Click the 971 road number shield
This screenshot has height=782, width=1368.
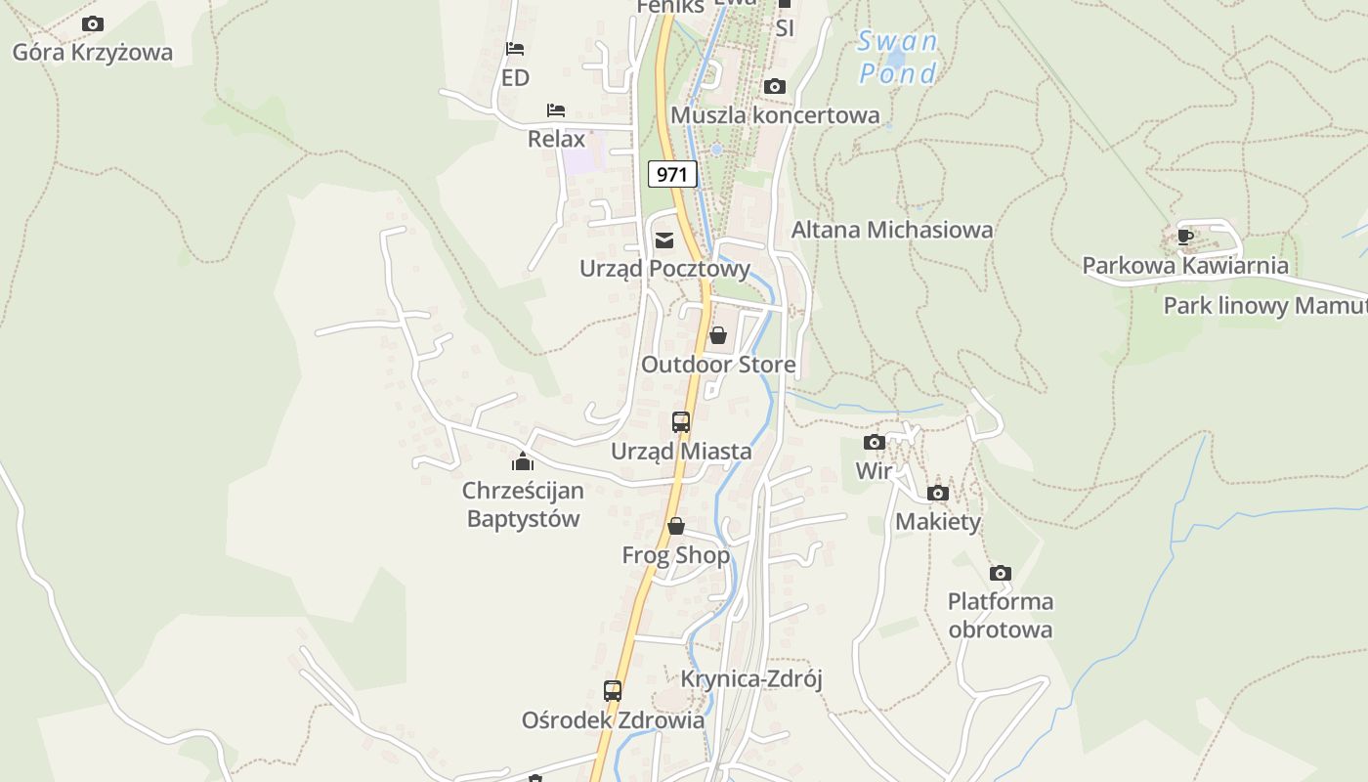pos(672,175)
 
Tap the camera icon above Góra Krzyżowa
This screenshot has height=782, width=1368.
pos(93,23)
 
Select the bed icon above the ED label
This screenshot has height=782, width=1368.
pos(515,49)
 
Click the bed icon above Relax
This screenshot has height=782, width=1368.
pos(556,109)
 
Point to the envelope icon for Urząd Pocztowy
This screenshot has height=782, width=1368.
pos(664,240)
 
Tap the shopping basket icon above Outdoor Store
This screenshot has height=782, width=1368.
pos(718,336)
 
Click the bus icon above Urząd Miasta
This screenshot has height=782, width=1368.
pos(681,422)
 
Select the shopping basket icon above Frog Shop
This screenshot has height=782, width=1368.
pos(675,527)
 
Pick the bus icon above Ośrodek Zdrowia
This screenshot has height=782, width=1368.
pos(613,691)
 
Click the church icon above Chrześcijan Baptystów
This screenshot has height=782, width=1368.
pos(523,461)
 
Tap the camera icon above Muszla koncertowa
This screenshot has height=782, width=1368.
pos(775,87)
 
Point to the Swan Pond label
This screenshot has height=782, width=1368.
pos(897,58)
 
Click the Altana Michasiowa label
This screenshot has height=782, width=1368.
pos(891,230)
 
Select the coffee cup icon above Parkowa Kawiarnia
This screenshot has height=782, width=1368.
pos(1185,237)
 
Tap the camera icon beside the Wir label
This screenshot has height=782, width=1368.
pos(875,443)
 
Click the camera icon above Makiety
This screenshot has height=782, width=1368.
pos(938,494)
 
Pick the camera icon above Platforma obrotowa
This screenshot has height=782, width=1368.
pos(1000,574)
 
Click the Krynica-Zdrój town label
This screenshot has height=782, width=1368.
pos(751,678)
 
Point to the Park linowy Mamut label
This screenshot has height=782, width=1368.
pos(1264,306)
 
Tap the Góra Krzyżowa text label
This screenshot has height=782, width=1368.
pos(93,53)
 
